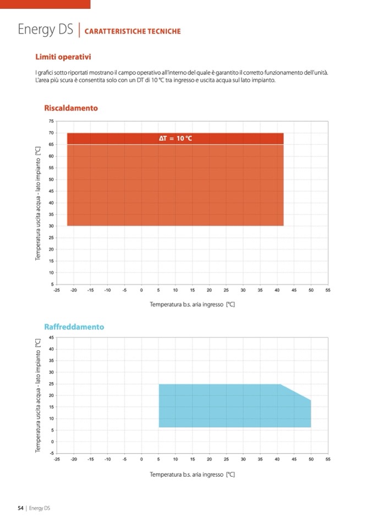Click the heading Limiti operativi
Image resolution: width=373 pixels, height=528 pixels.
click(63, 57)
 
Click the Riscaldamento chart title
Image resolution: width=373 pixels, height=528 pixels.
click(70, 108)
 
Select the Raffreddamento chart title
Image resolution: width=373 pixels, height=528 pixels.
click(74, 327)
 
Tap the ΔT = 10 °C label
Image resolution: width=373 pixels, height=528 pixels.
click(175, 138)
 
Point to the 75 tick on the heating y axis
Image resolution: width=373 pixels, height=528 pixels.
click(51, 121)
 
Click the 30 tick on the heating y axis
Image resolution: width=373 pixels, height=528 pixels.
click(51, 226)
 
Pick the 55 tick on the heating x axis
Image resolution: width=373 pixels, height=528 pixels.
click(327, 290)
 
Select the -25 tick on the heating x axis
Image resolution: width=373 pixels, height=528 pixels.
click(57, 290)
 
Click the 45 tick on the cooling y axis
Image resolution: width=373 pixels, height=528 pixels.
click(51, 337)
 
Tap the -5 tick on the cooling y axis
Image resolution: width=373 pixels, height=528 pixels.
click(51, 453)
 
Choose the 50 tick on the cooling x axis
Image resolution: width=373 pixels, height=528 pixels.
click(311, 459)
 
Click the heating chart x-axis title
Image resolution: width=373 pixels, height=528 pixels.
click(193, 304)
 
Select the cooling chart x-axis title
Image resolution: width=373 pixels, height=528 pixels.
click(193, 474)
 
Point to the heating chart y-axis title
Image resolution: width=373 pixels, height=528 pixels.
click(38, 203)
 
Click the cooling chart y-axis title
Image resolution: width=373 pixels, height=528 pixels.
click(38, 396)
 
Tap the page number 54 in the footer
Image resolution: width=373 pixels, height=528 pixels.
click(21, 508)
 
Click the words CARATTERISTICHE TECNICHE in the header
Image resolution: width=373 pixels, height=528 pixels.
click(133, 31)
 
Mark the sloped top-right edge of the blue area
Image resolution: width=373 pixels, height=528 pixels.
click(296, 392)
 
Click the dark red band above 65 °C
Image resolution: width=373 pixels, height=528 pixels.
click(110, 139)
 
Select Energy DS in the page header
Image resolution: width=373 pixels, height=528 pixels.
click(46, 30)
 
